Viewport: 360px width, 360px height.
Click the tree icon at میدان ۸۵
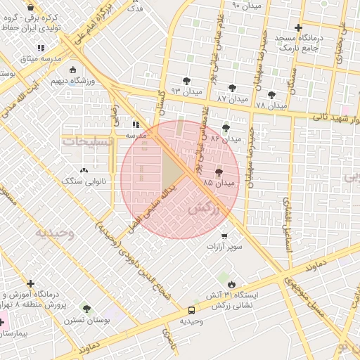(x=219, y=172)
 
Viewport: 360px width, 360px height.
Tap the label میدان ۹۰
(x=247, y=6)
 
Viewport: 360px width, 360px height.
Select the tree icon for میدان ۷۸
(x=271, y=95)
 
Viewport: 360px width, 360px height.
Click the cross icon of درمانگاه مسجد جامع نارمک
(x=299, y=27)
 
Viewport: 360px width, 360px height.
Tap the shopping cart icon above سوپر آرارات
(x=224, y=236)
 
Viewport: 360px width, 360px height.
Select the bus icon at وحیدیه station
(x=192, y=310)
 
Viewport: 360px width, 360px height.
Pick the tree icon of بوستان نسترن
(x=86, y=309)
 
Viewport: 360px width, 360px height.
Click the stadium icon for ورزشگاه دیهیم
(x=73, y=70)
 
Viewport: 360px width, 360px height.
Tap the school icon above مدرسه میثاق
(x=41, y=47)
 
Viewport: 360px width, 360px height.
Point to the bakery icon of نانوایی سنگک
(x=84, y=171)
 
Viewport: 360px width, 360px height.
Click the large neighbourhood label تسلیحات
(x=87, y=141)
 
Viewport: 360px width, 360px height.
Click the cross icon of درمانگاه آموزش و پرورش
(x=30, y=283)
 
